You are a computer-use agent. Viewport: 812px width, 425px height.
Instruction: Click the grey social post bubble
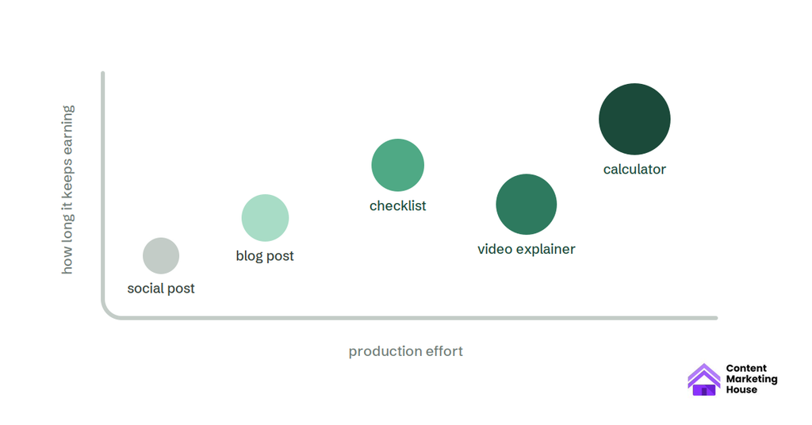161,256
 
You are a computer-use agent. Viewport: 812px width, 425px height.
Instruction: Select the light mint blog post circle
265,218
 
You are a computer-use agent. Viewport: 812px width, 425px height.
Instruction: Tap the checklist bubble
398,165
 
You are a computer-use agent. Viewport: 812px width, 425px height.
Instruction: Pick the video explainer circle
527,205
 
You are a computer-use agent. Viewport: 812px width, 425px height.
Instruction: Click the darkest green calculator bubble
634,119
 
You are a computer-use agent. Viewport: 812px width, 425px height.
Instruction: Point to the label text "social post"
161,289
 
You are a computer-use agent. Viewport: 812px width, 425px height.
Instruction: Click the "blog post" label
265,256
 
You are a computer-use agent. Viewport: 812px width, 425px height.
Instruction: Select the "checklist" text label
398,205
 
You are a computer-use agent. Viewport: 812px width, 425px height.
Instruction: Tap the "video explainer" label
527,249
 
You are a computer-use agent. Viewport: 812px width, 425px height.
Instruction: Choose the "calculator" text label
634,169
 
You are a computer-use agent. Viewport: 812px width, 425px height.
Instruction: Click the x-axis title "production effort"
405,351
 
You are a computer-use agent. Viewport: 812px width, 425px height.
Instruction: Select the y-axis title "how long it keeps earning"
67,190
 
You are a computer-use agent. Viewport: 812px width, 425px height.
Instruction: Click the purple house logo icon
704,380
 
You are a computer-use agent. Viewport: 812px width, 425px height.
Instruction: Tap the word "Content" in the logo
746,368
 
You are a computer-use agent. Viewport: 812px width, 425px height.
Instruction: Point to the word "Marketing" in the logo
752,379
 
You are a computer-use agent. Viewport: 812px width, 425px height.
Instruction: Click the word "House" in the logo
741,390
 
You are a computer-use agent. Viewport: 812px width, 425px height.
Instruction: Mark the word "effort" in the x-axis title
444,351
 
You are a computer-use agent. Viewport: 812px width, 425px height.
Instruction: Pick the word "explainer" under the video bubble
545,250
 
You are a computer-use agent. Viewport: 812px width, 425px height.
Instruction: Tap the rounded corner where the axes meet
108,312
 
